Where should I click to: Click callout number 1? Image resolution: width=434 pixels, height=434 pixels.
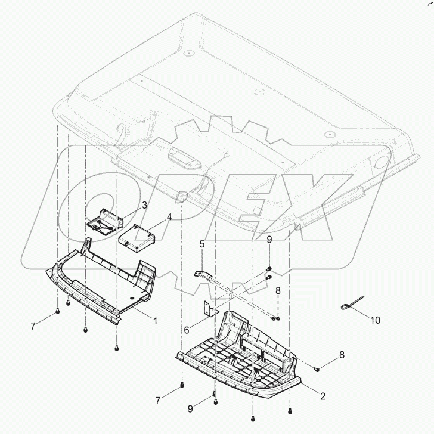click(155, 321)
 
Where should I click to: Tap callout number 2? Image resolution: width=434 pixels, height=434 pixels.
click(323, 396)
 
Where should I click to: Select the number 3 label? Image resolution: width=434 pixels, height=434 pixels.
click(144, 205)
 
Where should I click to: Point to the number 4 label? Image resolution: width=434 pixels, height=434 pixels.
click(169, 217)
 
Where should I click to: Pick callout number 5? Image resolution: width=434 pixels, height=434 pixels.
click(202, 244)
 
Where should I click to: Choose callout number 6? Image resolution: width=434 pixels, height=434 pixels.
click(187, 330)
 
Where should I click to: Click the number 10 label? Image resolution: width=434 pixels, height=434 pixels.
click(376, 320)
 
